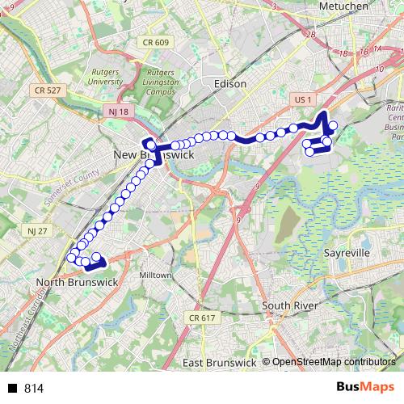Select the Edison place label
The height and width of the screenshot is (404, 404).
click(230, 82)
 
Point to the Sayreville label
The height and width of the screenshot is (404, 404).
click(346, 252)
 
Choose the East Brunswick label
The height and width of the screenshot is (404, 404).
click(218, 363)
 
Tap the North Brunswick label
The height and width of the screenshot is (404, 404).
click(78, 282)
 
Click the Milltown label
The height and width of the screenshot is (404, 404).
click(156, 276)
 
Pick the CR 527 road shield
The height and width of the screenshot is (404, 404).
click(48, 90)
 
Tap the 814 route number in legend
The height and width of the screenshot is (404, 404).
click(34, 389)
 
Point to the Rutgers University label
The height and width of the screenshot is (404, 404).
click(105, 76)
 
